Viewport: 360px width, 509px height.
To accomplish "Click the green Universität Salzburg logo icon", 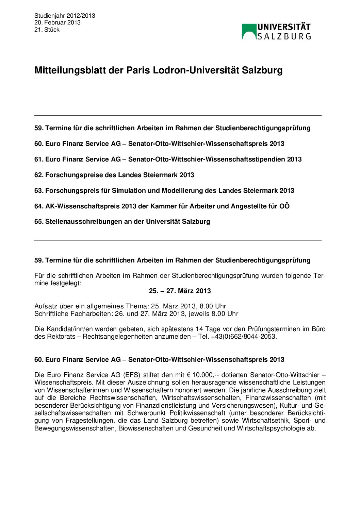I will tap(249, 32).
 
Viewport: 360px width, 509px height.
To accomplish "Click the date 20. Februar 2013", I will tap(57, 22).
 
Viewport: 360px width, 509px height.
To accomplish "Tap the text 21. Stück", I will tap(47, 30).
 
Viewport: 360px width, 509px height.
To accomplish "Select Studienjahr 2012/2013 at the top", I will tap(65, 16).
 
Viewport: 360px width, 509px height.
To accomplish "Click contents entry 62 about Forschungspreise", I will tap(114, 175).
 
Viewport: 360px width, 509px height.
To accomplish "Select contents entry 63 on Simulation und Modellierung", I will tap(164, 190).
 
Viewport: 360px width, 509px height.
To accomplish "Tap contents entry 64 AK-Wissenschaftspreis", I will tap(162, 206).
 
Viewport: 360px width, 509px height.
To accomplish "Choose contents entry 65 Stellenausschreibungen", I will tap(122, 221).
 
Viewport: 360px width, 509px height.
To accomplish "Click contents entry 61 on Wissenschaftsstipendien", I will tap(168, 159).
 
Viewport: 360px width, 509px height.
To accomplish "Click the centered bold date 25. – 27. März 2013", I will tap(180, 291).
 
